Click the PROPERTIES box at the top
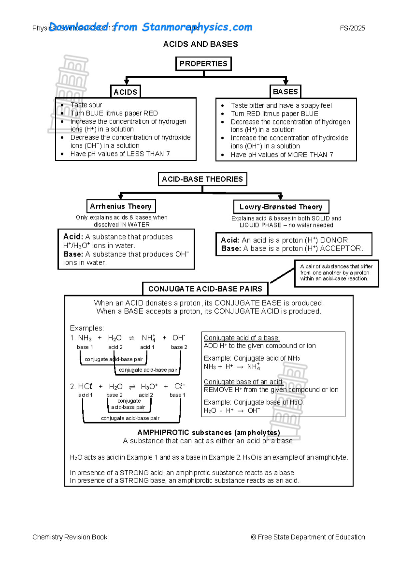coord(203,64)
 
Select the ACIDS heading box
coord(125,92)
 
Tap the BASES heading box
coord(285,92)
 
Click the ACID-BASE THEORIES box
coord(202,179)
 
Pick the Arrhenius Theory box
coord(121,206)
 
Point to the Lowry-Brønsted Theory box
coord(281,207)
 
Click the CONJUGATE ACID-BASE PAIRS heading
coord(205,289)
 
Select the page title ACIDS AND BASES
coord(200,44)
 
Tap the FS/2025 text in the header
coord(352,28)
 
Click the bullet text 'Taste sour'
coord(86,105)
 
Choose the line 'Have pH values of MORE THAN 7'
coord(282,155)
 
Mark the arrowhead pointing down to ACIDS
coord(127,81)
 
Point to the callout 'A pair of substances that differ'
coord(336,266)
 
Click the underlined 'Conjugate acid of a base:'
coord(242,338)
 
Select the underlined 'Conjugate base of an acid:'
coord(244,382)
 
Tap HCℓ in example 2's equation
coord(85,387)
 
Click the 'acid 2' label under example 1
coord(115,347)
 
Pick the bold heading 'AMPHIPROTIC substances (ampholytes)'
coord(209,433)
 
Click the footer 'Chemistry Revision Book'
coord(70,537)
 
